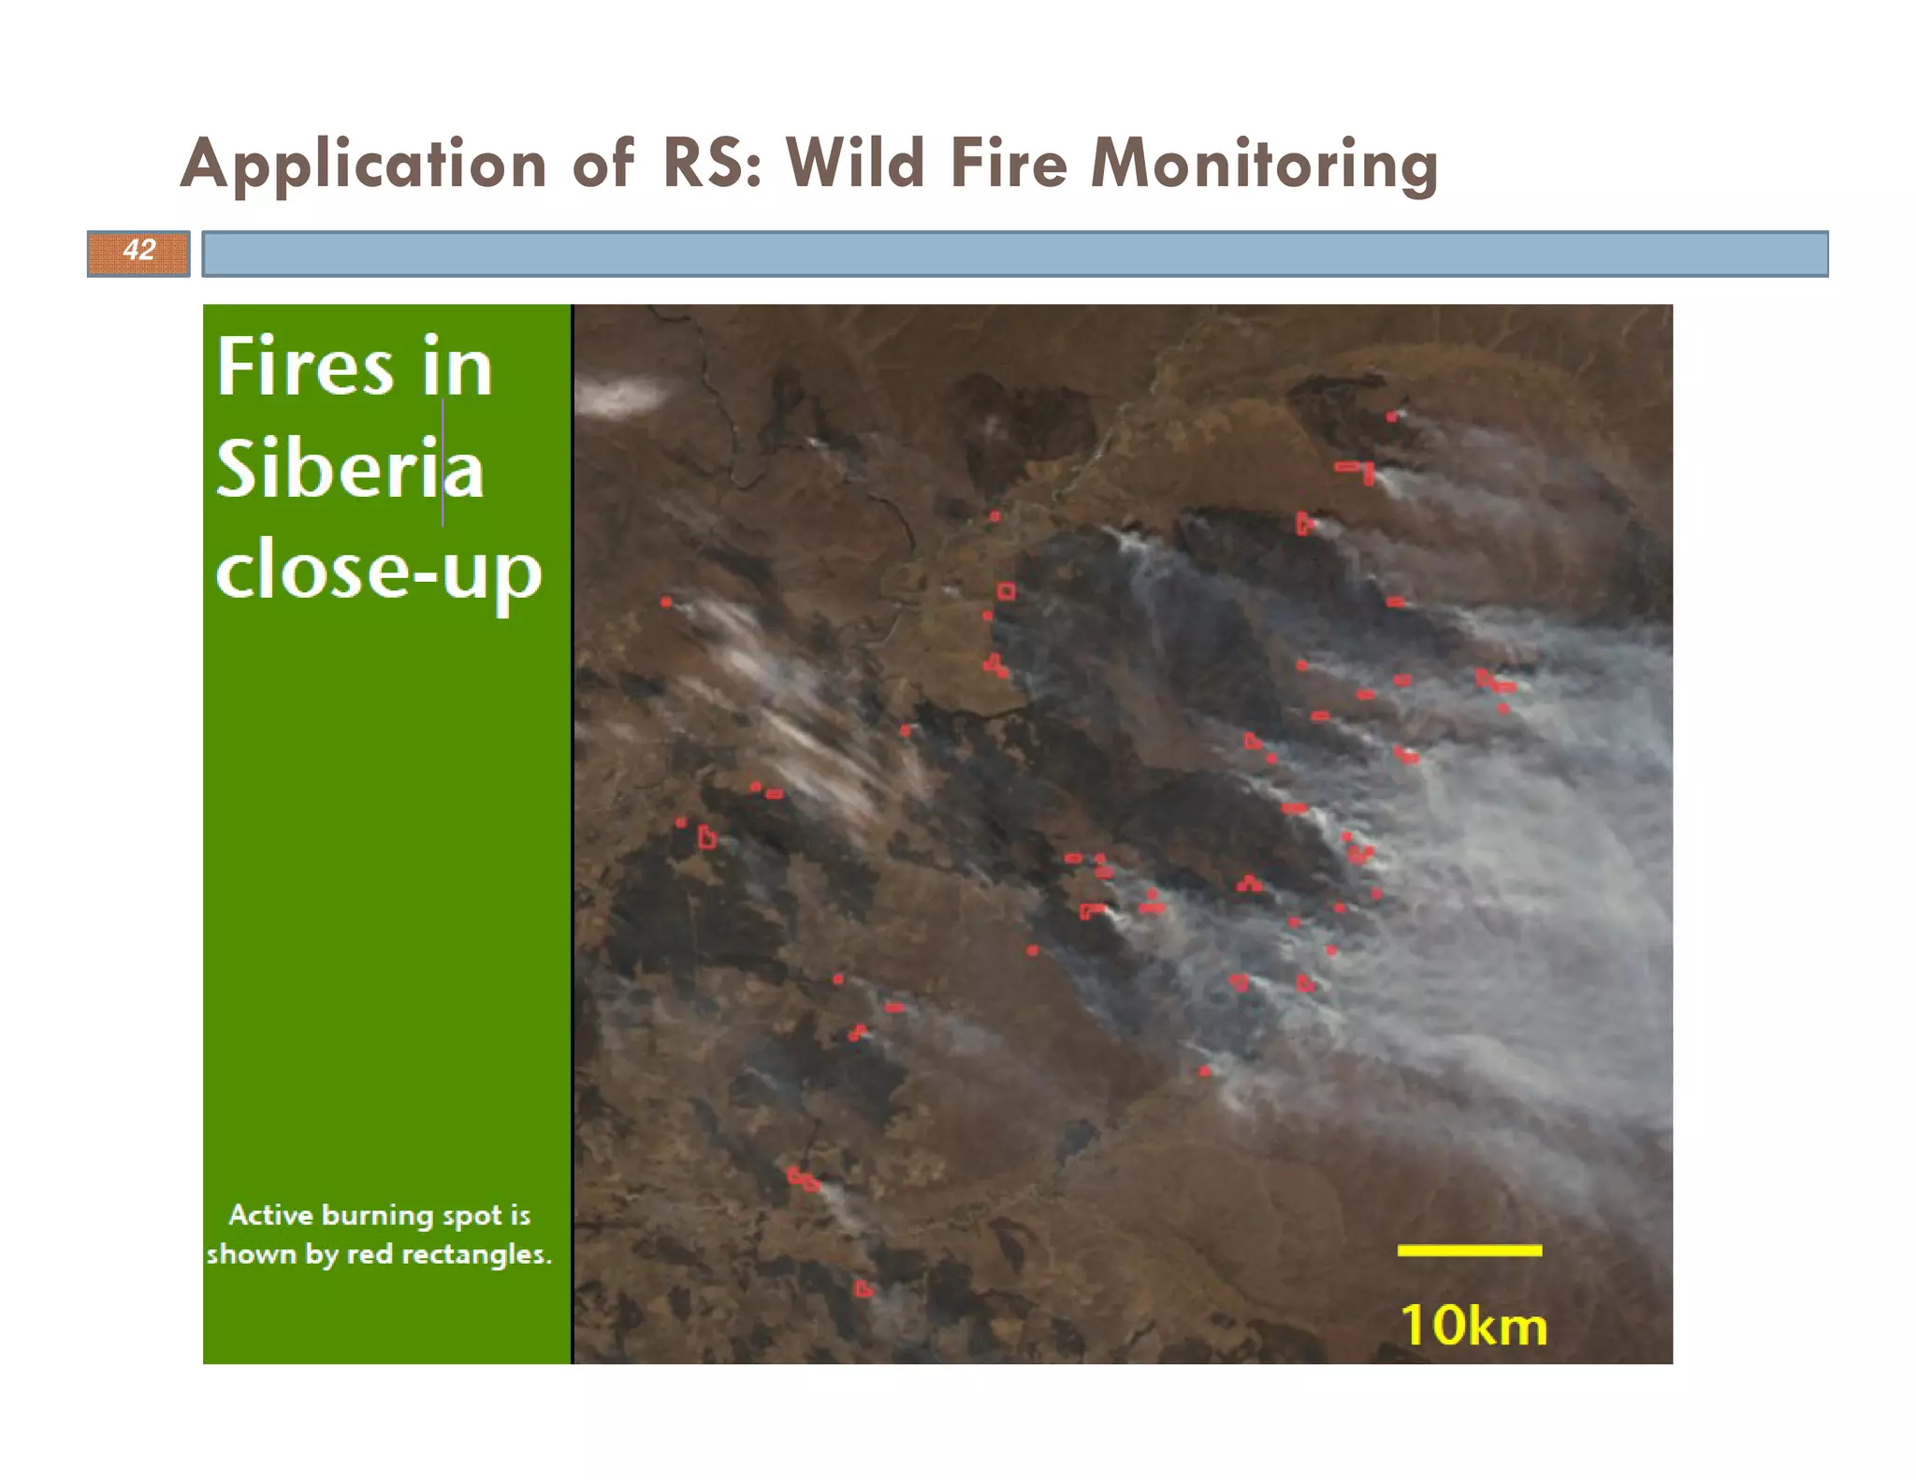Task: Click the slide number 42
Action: (138, 251)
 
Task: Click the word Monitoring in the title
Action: (1264, 165)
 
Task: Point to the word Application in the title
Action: (363, 165)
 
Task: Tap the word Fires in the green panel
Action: (305, 367)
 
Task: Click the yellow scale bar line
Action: (1469, 1250)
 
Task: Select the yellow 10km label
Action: (1473, 1326)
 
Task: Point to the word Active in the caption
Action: (270, 1215)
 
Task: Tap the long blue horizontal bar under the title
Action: (1015, 254)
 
